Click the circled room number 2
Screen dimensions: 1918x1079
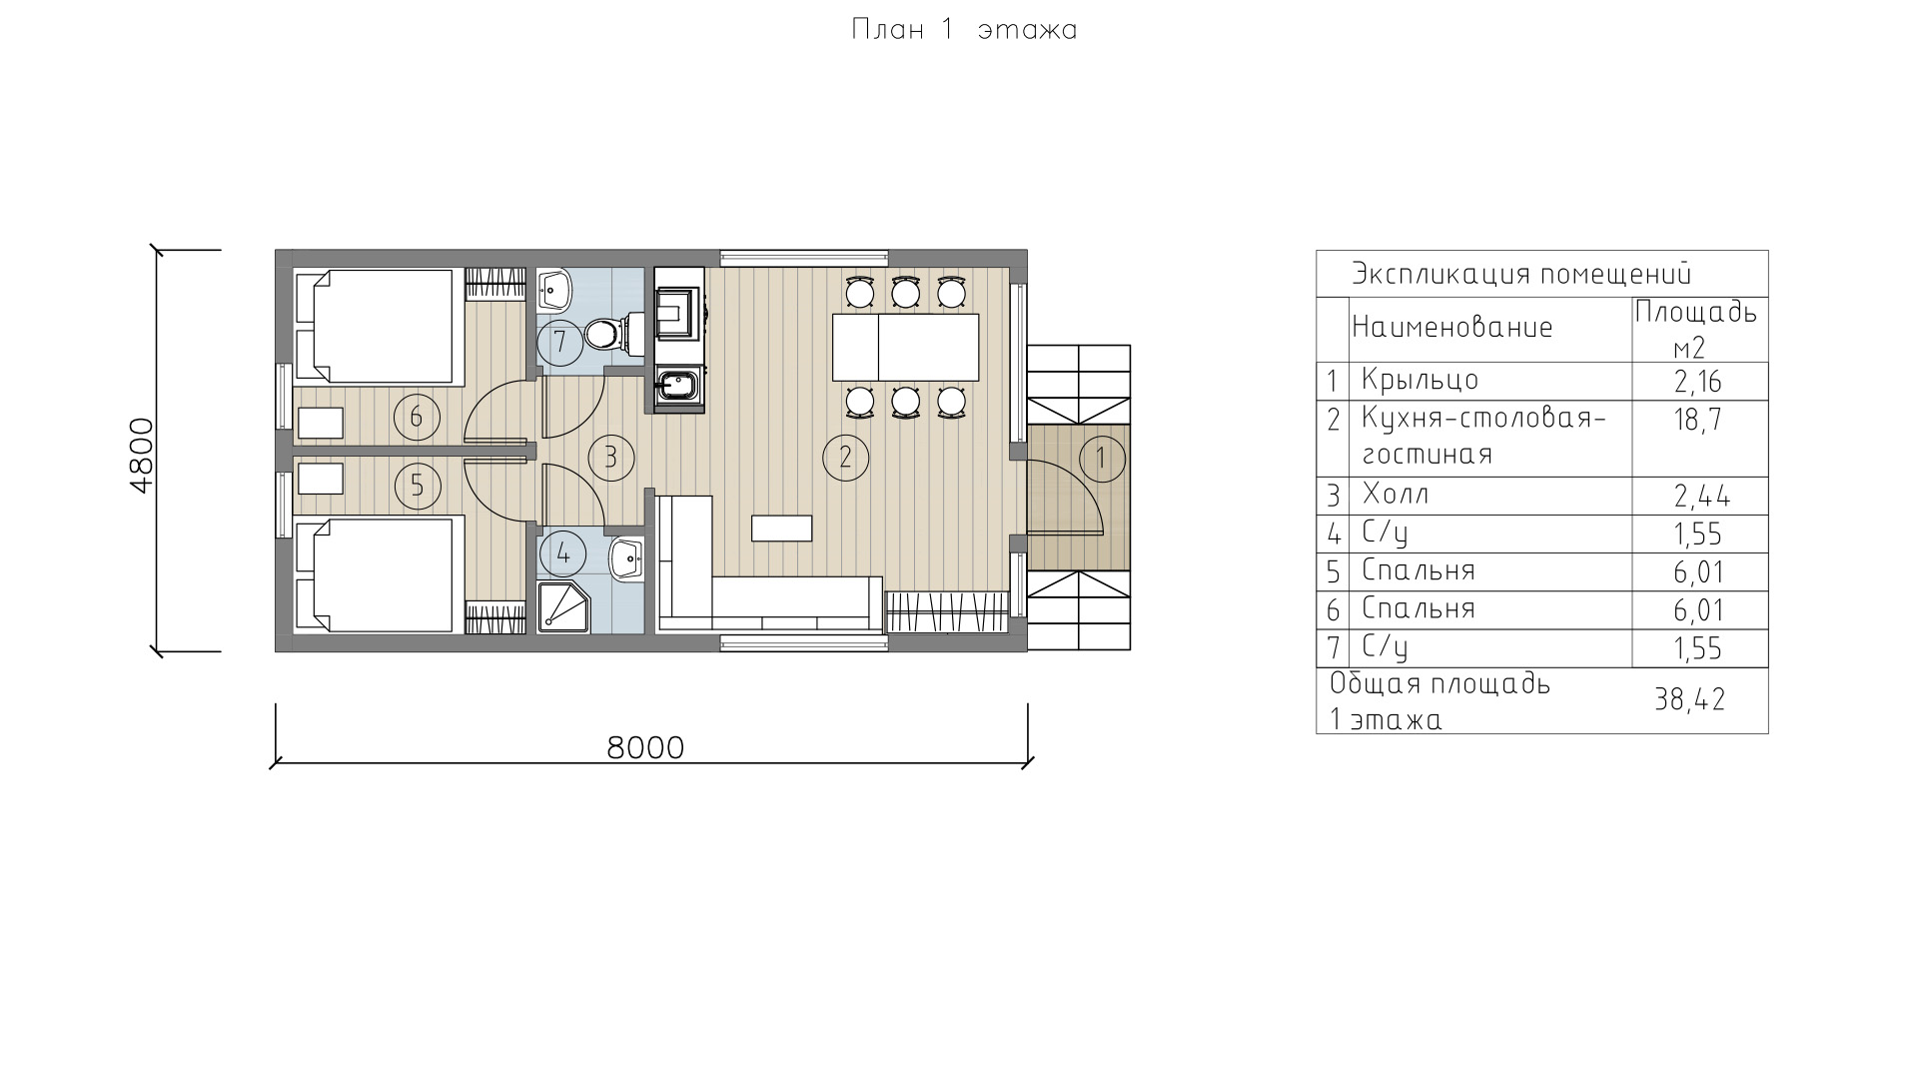point(845,458)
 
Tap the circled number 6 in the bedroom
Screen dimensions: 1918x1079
point(417,417)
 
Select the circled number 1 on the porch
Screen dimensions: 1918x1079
point(1102,459)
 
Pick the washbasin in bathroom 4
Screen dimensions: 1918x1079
point(625,558)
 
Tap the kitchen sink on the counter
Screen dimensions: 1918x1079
point(680,384)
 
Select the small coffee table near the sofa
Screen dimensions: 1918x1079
point(782,528)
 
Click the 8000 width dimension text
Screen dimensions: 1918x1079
point(646,747)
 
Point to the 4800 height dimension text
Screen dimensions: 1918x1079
point(141,455)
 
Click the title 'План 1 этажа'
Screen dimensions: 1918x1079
point(964,30)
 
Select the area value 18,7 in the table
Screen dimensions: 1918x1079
point(1697,420)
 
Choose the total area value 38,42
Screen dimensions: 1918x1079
point(1690,699)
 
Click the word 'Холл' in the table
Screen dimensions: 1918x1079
point(1396,495)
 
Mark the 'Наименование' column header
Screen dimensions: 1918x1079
point(1452,327)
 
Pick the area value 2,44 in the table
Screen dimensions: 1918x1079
point(1702,496)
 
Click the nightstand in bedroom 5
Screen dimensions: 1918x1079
point(321,480)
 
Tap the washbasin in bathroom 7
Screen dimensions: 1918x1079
point(554,289)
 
